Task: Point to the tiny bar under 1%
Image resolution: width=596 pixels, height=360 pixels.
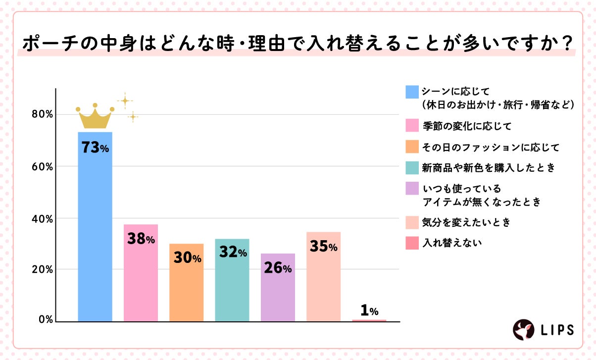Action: tap(369, 320)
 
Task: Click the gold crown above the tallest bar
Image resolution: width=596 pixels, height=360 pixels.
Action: tap(95, 117)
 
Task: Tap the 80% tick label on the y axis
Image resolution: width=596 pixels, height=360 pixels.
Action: tap(43, 114)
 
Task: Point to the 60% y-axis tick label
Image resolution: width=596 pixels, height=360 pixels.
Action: tap(43, 166)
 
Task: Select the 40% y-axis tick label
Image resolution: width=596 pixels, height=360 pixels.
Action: tap(43, 218)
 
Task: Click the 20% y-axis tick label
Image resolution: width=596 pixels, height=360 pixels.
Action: tap(43, 270)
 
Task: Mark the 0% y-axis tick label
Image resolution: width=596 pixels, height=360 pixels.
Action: tap(45, 320)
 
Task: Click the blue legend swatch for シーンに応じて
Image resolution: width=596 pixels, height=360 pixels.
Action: tap(412, 92)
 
